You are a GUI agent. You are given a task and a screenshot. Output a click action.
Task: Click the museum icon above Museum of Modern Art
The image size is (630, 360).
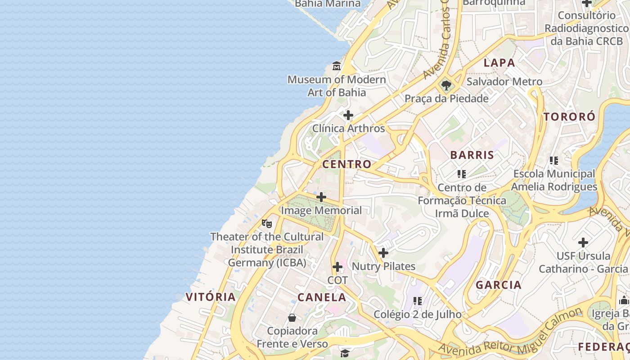[x=337, y=67]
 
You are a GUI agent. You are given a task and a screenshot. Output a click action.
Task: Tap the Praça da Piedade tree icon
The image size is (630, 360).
[x=446, y=85]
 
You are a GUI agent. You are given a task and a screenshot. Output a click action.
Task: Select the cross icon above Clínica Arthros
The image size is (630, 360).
[x=348, y=115]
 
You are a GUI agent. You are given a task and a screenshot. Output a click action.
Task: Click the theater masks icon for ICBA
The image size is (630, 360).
[x=267, y=223]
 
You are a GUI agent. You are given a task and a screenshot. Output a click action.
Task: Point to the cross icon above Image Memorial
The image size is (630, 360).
[x=321, y=197]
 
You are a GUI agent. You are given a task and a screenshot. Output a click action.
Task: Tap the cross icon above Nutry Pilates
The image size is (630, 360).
[x=383, y=253]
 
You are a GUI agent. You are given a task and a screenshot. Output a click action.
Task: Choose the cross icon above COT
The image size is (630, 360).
[x=337, y=267]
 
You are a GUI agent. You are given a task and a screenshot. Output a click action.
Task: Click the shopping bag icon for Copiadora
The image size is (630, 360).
[x=292, y=318]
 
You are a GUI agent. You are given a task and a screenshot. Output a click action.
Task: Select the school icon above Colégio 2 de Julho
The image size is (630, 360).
[x=418, y=301]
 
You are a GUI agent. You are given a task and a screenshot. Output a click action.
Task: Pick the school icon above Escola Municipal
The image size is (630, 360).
[x=554, y=160]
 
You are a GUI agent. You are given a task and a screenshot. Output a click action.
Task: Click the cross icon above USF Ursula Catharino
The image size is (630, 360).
[x=583, y=243]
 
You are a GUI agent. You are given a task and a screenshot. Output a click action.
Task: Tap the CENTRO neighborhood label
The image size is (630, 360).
[x=347, y=164]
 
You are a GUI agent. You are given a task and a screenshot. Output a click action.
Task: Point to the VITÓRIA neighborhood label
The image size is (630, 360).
[x=211, y=297]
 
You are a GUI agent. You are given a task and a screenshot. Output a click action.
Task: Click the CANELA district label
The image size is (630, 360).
[x=322, y=297]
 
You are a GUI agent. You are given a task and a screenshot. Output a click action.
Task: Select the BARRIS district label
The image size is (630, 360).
[x=472, y=155]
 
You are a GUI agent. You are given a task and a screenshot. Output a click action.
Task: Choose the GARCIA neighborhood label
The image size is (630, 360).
[x=499, y=285]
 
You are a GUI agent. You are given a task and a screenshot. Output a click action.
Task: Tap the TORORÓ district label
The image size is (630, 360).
[x=569, y=117]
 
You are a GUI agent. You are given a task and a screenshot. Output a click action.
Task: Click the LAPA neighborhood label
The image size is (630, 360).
[x=499, y=63]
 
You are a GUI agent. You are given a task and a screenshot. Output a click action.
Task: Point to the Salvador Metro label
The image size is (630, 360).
[x=504, y=82]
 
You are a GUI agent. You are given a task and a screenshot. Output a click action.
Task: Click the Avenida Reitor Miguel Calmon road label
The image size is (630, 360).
[x=511, y=333]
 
